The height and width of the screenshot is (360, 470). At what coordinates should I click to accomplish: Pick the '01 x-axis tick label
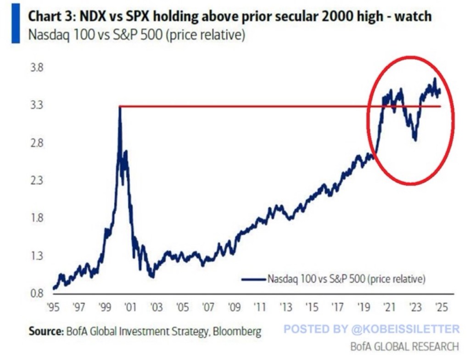click(131, 306)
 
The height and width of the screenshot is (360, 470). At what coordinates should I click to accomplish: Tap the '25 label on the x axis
click(441, 306)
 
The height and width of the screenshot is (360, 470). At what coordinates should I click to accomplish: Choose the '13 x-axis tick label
click(286, 306)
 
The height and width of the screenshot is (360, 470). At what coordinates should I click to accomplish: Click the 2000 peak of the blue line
click(120, 107)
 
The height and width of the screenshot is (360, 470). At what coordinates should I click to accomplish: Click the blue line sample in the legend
click(253, 278)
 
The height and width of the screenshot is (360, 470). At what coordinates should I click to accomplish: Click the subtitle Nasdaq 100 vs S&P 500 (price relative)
click(136, 35)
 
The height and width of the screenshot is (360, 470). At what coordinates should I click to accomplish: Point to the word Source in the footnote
click(45, 331)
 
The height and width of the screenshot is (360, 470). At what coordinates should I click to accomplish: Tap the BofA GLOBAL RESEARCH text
click(404, 346)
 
